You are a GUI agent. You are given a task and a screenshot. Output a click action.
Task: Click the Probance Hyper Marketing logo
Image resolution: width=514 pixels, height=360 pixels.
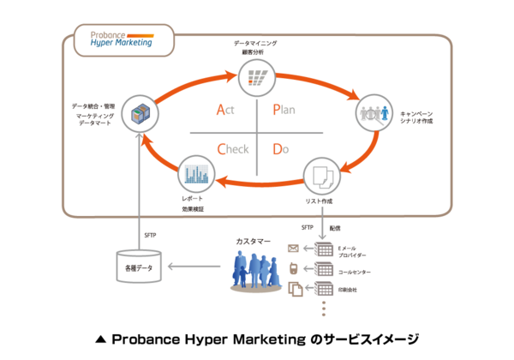pos(123,39)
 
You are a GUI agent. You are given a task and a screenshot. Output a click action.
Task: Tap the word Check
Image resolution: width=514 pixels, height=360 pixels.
pos(232,148)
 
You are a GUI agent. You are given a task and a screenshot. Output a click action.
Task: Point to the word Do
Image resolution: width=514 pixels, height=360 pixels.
pos(280,148)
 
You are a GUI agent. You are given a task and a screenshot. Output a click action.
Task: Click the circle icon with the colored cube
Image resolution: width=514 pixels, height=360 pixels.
pos(139,112)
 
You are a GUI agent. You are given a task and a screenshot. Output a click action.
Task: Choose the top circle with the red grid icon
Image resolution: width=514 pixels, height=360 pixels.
pos(255,77)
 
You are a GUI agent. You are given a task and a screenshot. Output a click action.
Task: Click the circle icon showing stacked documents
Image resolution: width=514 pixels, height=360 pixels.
pos(322,177)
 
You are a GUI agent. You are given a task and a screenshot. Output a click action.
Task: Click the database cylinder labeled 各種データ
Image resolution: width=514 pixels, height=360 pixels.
pos(139,267)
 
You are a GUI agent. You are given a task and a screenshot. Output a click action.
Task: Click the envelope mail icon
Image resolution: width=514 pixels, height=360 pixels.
pos(292,249)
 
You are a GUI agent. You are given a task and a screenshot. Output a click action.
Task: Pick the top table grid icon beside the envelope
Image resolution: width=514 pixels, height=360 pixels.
pos(324,250)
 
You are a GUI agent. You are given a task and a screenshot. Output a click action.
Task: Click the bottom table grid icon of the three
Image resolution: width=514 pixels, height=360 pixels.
pos(324,290)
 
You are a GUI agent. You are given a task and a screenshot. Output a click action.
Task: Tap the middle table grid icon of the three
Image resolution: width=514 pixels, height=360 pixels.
pos(324,270)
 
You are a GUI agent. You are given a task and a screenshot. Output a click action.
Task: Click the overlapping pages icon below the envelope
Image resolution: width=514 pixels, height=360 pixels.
pos(294,289)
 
